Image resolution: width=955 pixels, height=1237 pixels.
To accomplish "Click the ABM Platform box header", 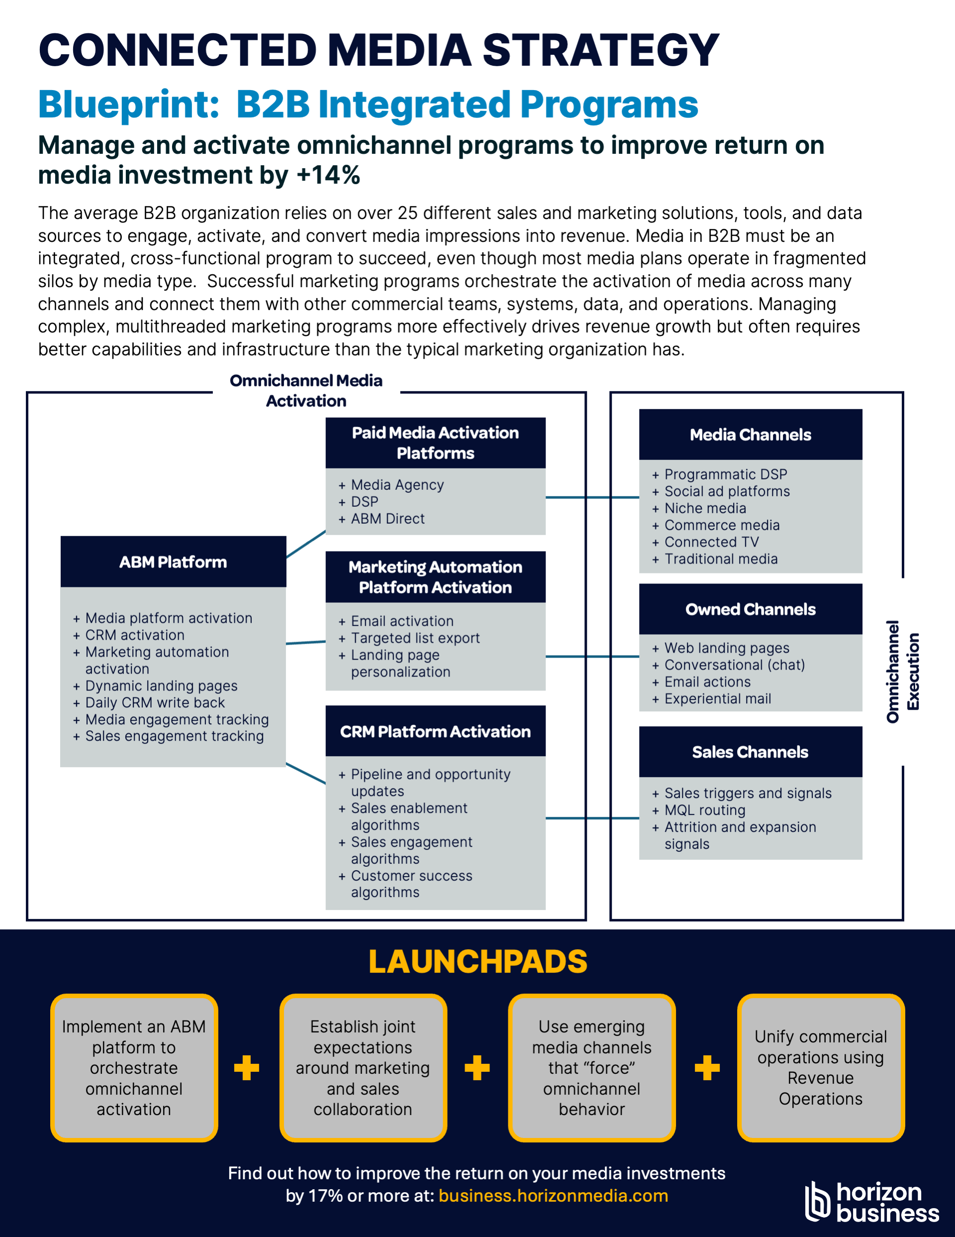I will pos(173,562).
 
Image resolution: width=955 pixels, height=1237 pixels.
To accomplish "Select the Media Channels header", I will pos(750,435).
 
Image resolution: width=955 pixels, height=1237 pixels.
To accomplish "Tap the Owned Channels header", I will pos(750,609).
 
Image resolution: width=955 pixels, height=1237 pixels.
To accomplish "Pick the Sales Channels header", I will pos(750,752).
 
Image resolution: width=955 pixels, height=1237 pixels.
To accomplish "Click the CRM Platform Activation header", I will pos(435,731).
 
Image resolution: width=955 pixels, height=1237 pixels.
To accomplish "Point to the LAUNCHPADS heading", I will pos(478,962).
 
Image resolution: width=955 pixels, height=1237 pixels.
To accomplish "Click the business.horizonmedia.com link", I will pos(553,1196).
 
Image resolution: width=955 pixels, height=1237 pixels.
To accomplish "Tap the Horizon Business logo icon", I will pos(817,1201).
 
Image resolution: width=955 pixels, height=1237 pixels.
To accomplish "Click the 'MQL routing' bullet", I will pos(704,810).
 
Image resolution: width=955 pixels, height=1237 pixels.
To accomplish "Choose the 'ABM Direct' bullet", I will pos(387,519).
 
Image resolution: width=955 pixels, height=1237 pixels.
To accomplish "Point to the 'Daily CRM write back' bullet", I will pos(155,702).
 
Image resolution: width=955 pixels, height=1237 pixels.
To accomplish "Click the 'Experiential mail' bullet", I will pos(717,699).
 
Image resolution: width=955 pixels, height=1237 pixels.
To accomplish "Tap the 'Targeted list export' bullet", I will pos(415,638).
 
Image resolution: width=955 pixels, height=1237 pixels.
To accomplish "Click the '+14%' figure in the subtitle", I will pos(328,175).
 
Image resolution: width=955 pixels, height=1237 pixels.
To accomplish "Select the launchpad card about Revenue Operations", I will pos(820,1068).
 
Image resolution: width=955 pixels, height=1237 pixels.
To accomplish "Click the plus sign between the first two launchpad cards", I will pos(247,1068).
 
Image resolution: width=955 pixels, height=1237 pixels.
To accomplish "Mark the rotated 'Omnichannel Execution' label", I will pos(902,671).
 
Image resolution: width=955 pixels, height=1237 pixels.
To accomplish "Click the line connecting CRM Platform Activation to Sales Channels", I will pos(592,818).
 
